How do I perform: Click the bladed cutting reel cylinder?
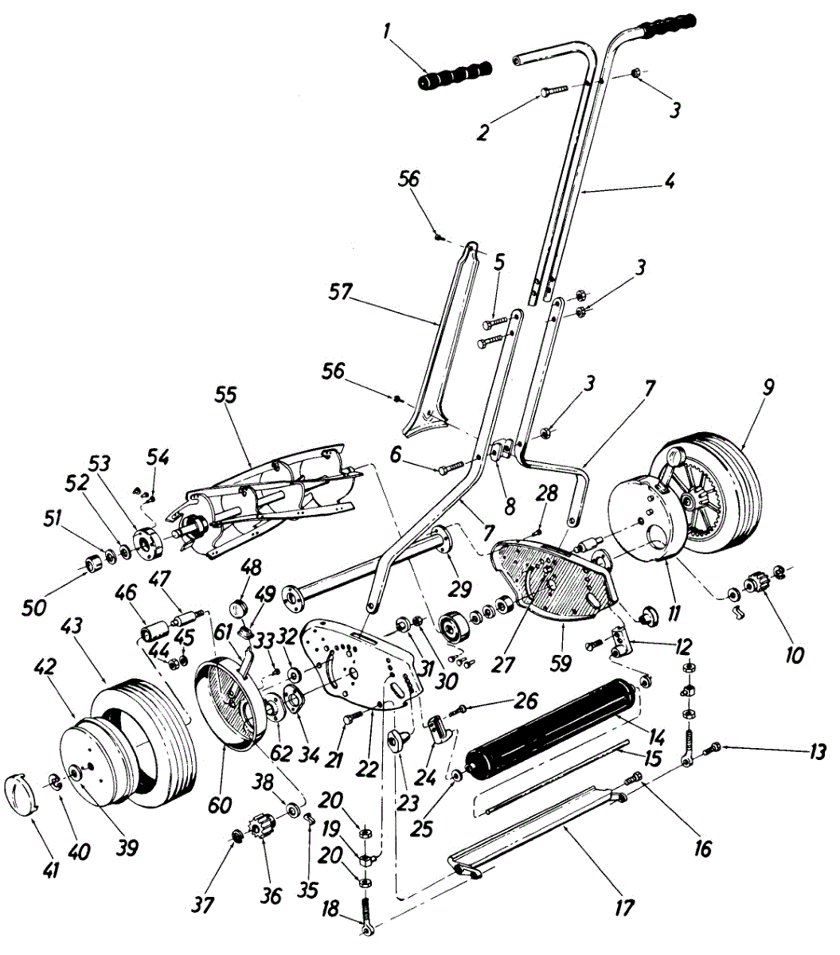point(271,501)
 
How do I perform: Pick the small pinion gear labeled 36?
point(262,828)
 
